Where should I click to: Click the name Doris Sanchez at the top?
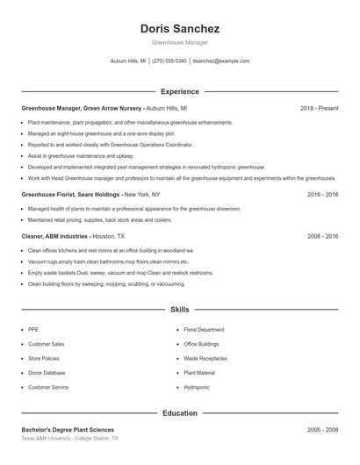click(x=179, y=28)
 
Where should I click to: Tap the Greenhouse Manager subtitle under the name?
click(x=179, y=42)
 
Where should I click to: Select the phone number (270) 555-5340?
click(x=169, y=61)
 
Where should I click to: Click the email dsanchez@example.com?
click(x=220, y=61)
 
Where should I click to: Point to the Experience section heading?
click(x=179, y=91)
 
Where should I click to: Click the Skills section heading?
click(x=179, y=310)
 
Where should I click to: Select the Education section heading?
click(x=179, y=412)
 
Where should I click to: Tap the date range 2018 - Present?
click(x=319, y=108)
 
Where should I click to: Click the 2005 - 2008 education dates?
click(x=322, y=430)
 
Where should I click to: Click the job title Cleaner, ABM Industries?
click(x=54, y=236)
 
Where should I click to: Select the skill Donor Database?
click(x=46, y=373)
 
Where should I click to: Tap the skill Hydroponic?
click(x=197, y=387)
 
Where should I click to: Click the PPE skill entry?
click(x=33, y=329)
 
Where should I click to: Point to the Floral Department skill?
click(x=205, y=329)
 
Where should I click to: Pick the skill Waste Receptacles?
click(x=205, y=358)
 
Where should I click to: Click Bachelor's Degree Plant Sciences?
click(x=68, y=430)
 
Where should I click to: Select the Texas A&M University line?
click(x=69, y=439)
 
